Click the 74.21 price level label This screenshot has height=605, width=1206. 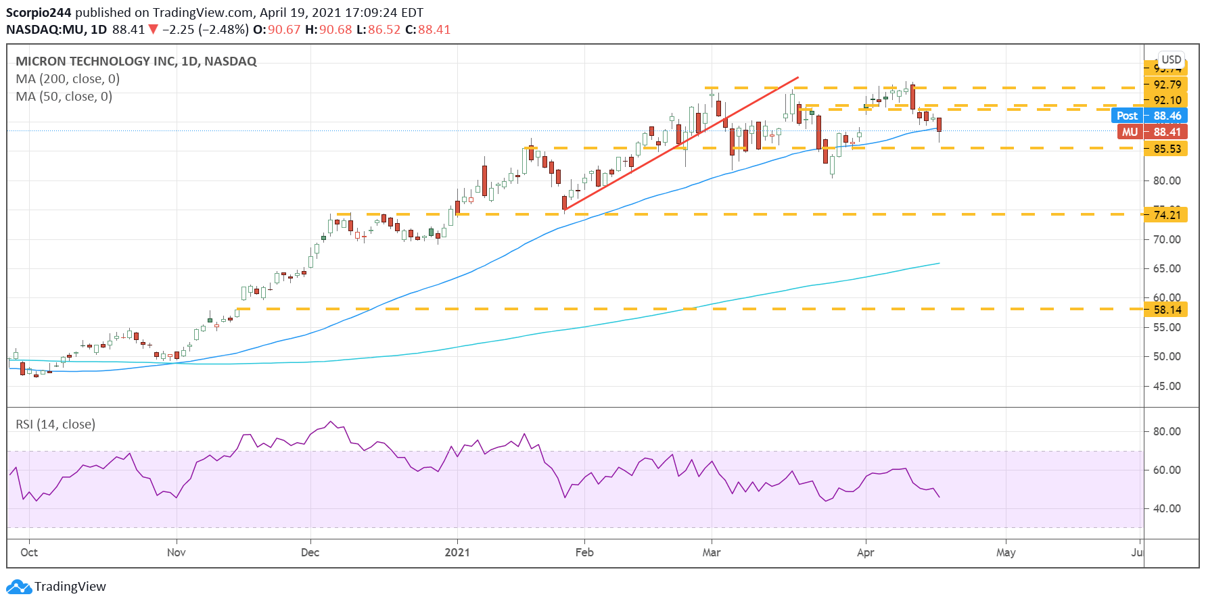[1166, 215]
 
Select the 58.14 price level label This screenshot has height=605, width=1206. [1166, 310]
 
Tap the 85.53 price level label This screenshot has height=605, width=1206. [1166, 149]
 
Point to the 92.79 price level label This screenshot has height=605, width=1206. [1166, 84]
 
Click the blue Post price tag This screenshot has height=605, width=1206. [1126, 116]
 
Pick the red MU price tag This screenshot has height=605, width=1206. [1130, 132]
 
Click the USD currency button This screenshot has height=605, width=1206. [1171, 59]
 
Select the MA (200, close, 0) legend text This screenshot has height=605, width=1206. [68, 79]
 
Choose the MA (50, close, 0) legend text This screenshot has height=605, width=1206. [64, 97]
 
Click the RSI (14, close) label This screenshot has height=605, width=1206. [55, 425]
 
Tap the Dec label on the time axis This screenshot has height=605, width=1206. [310, 552]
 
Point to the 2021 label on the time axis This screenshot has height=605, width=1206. [457, 552]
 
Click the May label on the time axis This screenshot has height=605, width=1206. [1005, 552]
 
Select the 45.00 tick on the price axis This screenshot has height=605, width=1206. [1167, 386]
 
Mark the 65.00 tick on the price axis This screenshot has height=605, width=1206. [1167, 268]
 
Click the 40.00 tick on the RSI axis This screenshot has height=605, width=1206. [1167, 508]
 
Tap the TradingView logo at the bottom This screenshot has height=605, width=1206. [56, 586]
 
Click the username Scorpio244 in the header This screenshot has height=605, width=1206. [39, 13]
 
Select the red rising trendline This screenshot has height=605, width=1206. [681, 143]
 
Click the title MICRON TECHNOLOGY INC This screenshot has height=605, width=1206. [95, 62]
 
